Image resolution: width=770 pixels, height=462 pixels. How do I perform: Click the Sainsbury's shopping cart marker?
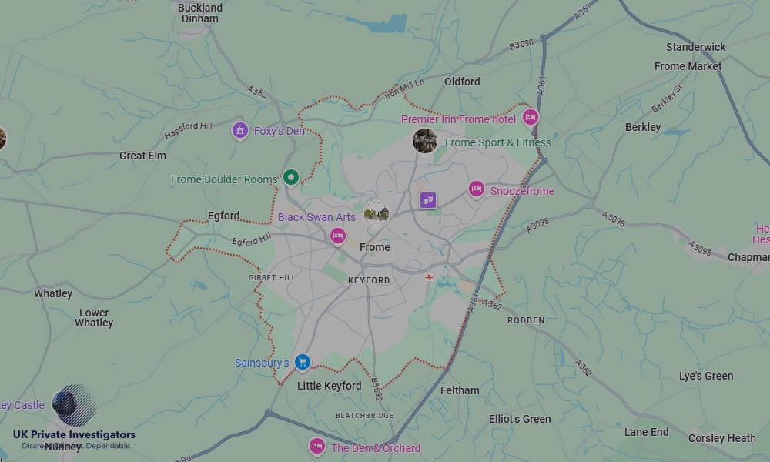tap(303, 362)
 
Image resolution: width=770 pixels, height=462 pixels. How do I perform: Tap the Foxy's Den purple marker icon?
tap(239, 130)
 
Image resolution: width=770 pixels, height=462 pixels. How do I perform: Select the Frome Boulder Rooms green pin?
tap(290, 178)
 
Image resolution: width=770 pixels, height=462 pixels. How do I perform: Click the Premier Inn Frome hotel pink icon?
tap(530, 118)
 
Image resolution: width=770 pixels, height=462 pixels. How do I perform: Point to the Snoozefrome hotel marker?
tap(477, 189)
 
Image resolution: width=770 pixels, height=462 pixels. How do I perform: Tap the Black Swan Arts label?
tap(316, 217)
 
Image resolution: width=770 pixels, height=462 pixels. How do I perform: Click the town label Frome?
tap(375, 247)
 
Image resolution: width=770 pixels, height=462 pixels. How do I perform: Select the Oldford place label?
tap(462, 82)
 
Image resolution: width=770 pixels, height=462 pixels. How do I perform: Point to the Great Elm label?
tap(142, 156)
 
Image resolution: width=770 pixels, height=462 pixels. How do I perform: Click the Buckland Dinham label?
tap(200, 13)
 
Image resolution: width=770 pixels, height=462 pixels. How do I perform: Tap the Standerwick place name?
tap(695, 47)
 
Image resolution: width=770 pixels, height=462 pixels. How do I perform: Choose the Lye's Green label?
tap(705, 376)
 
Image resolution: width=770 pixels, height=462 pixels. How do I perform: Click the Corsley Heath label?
tap(721, 438)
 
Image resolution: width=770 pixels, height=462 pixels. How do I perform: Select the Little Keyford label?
tap(329, 386)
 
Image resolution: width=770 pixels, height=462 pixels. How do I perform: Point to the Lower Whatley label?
tap(94, 318)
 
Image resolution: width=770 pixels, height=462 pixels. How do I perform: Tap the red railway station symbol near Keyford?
tap(429, 276)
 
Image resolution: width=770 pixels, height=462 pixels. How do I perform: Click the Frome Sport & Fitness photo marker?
tap(425, 141)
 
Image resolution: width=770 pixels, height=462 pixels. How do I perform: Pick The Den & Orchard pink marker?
tap(317, 447)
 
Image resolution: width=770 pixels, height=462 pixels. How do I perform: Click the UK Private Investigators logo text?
tap(74, 435)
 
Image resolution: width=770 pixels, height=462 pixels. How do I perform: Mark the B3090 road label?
tap(521, 45)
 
